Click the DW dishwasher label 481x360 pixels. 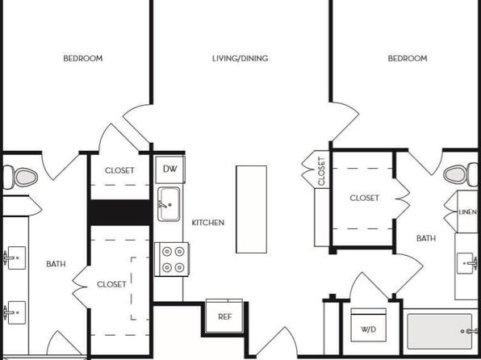[170, 169]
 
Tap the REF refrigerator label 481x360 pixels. [225, 316]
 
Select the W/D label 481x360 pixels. [368, 329]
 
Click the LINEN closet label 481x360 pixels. [467, 212]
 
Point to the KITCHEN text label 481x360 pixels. [208, 223]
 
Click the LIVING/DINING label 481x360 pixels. [240, 58]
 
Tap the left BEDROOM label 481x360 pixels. [83, 58]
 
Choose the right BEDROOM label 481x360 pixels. [408, 58]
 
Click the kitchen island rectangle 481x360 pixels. [251, 209]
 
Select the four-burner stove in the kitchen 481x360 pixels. [172, 259]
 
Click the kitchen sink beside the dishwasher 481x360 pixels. [169, 203]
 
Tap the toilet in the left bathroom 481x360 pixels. [20, 177]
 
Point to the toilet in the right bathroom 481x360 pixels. [461, 174]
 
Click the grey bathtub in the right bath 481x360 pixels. [440, 331]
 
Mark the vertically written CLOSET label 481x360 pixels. [321, 171]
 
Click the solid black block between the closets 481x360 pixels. [119, 212]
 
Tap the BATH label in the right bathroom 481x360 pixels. [426, 238]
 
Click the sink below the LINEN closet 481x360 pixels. [466, 263]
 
